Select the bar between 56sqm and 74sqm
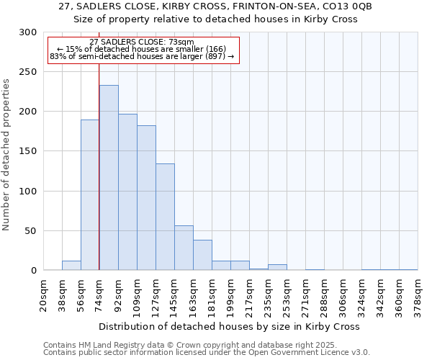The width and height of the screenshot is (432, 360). [x=90, y=195]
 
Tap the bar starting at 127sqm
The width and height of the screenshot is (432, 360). [x=165, y=217]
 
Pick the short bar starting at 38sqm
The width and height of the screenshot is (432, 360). [x=71, y=266]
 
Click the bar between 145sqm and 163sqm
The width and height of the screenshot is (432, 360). [x=184, y=248]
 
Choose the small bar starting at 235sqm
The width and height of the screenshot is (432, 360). [x=277, y=267]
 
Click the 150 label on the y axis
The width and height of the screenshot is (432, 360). [x=29, y=151]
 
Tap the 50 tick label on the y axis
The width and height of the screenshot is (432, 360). [x=32, y=231]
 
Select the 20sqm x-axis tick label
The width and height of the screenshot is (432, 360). [x=43, y=295]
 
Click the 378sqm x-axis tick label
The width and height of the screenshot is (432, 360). [x=418, y=295]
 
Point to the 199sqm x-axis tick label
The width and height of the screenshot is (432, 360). [x=230, y=295]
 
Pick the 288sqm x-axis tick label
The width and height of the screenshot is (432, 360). [x=324, y=295]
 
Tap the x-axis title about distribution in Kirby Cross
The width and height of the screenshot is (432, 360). [x=230, y=326]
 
